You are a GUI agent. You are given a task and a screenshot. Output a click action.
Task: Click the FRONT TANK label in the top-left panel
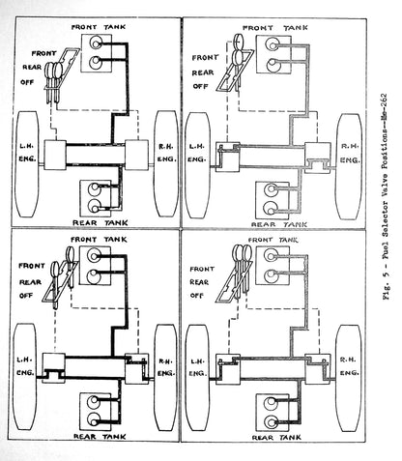click(99, 27)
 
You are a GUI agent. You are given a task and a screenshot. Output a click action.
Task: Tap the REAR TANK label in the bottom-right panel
click(276, 437)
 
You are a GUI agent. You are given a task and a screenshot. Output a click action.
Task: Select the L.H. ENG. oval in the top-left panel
click(27, 163)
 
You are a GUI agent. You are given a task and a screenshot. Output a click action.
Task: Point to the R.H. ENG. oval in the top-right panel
click(349, 166)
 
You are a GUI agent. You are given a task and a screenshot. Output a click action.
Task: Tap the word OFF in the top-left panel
click(27, 82)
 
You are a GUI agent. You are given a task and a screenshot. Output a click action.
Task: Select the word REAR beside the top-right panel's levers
click(203, 72)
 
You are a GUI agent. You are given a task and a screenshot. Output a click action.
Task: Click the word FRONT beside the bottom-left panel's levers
click(32, 266)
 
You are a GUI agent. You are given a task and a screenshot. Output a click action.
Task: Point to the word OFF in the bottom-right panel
click(196, 295)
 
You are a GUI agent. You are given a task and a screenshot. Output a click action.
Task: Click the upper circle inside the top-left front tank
click(96, 43)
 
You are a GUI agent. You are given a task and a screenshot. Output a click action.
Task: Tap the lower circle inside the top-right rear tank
click(271, 208)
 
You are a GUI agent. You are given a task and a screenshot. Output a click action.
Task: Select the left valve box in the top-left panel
click(55, 155)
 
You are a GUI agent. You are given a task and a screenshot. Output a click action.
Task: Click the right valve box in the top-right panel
click(317, 158)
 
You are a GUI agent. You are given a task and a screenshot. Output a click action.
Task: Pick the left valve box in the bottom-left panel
click(53, 367)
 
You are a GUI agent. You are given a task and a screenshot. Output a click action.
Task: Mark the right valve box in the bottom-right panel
click(318, 369)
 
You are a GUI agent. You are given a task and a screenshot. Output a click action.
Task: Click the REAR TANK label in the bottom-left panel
click(100, 437)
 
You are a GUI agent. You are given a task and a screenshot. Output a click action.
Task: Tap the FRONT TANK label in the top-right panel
click(275, 28)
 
